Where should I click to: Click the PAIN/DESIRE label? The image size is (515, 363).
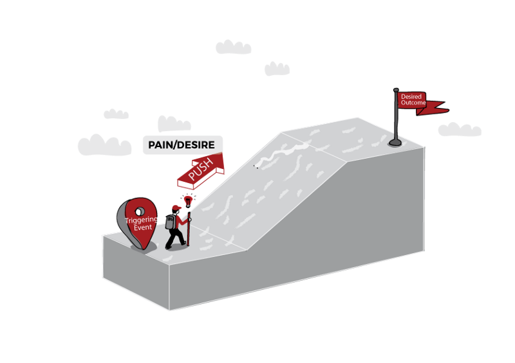click(182, 145)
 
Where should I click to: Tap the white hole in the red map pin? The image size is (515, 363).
click(138, 211)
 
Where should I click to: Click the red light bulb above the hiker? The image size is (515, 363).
click(188, 200)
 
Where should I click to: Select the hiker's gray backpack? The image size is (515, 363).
click(170, 222)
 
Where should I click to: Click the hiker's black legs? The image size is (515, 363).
click(174, 239)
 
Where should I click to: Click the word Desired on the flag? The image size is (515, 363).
click(411, 97)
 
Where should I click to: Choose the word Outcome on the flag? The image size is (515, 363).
click(412, 103)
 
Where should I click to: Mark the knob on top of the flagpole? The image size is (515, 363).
click(396, 91)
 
